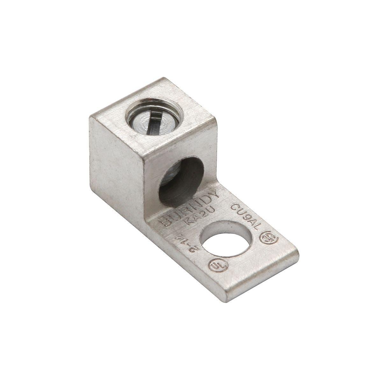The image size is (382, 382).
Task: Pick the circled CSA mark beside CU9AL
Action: pyautogui.click(x=266, y=239)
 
